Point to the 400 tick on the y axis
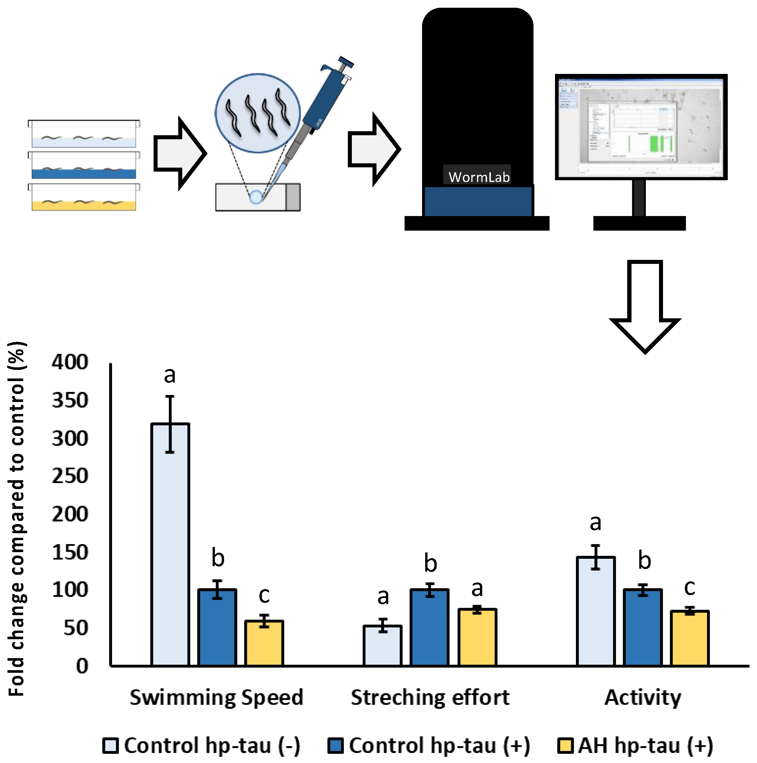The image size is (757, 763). (70, 362)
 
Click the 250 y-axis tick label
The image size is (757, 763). (70, 476)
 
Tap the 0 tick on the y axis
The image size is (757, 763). (82, 666)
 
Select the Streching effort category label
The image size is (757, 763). (430, 698)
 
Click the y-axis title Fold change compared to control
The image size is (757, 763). (17, 513)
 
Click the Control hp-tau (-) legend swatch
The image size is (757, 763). (110, 746)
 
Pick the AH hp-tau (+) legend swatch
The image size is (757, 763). (565, 746)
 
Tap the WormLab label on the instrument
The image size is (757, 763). (478, 177)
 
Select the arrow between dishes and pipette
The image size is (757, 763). (180, 153)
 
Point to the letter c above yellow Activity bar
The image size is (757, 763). (689, 588)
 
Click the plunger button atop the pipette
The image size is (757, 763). (346, 62)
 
